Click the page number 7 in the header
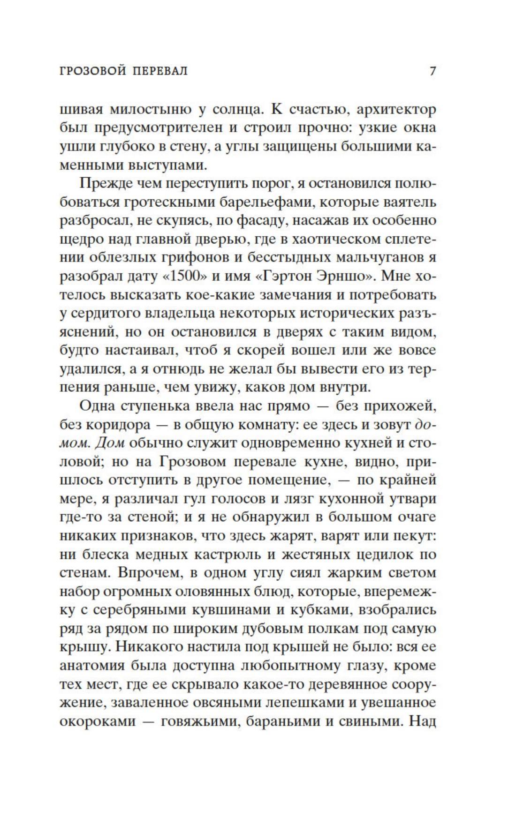(x=433, y=71)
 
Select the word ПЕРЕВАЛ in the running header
(x=160, y=71)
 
